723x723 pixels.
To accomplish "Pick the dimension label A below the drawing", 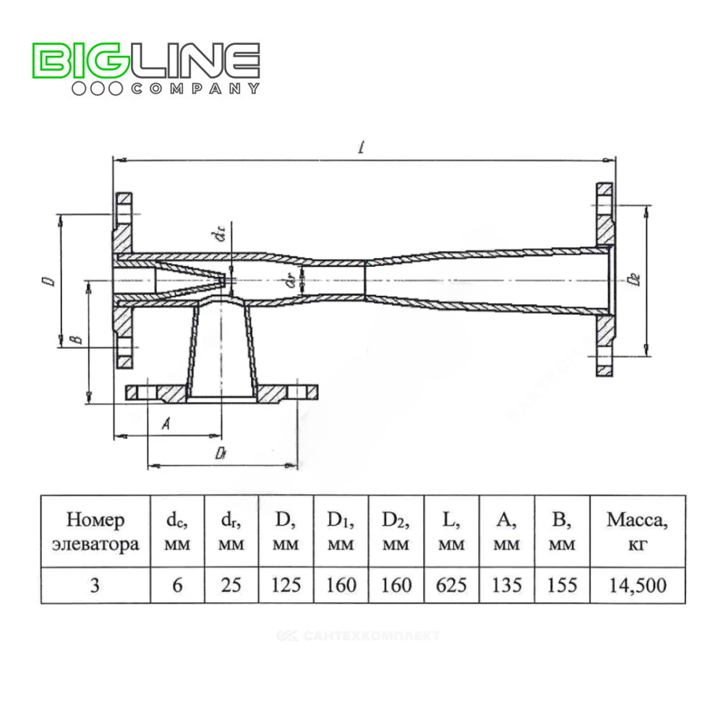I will click(x=165, y=425).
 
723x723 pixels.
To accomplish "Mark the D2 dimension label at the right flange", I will click(x=634, y=279).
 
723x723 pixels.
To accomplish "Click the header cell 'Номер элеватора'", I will click(x=95, y=531).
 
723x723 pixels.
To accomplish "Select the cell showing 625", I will click(x=452, y=585).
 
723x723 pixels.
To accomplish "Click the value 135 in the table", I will click(x=507, y=585).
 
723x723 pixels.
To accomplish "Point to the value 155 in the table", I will click(x=562, y=585).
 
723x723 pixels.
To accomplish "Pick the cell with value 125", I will click(x=286, y=585).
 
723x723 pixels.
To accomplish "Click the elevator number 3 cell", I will click(x=95, y=585).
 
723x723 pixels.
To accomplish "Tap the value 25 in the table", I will click(x=231, y=585).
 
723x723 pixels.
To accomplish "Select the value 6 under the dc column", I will click(x=177, y=585).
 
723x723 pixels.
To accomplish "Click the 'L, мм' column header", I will click(x=452, y=531).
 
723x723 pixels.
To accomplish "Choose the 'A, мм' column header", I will click(x=507, y=531).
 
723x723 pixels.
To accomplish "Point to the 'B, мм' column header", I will click(x=562, y=531).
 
